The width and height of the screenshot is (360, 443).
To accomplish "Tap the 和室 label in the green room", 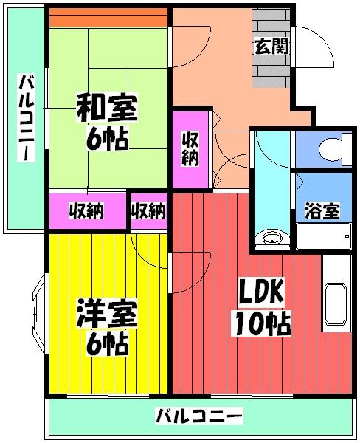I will [x=106, y=108].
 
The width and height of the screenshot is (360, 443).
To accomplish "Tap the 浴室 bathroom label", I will [x=322, y=210].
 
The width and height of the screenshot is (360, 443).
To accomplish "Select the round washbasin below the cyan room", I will [x=272, y=238].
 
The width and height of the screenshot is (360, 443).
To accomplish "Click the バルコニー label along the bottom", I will [x=198, y=417].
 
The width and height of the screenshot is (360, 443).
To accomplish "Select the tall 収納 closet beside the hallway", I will [x=190, y=148].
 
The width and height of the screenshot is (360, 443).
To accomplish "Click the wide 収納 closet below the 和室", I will [x=86, y=210].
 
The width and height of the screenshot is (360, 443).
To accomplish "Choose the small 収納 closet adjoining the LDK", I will [x=148, y=210].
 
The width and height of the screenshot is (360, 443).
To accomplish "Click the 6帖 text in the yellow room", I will [x=108, y=343].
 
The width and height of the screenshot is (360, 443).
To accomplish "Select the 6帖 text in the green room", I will [x=108, y=137].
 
